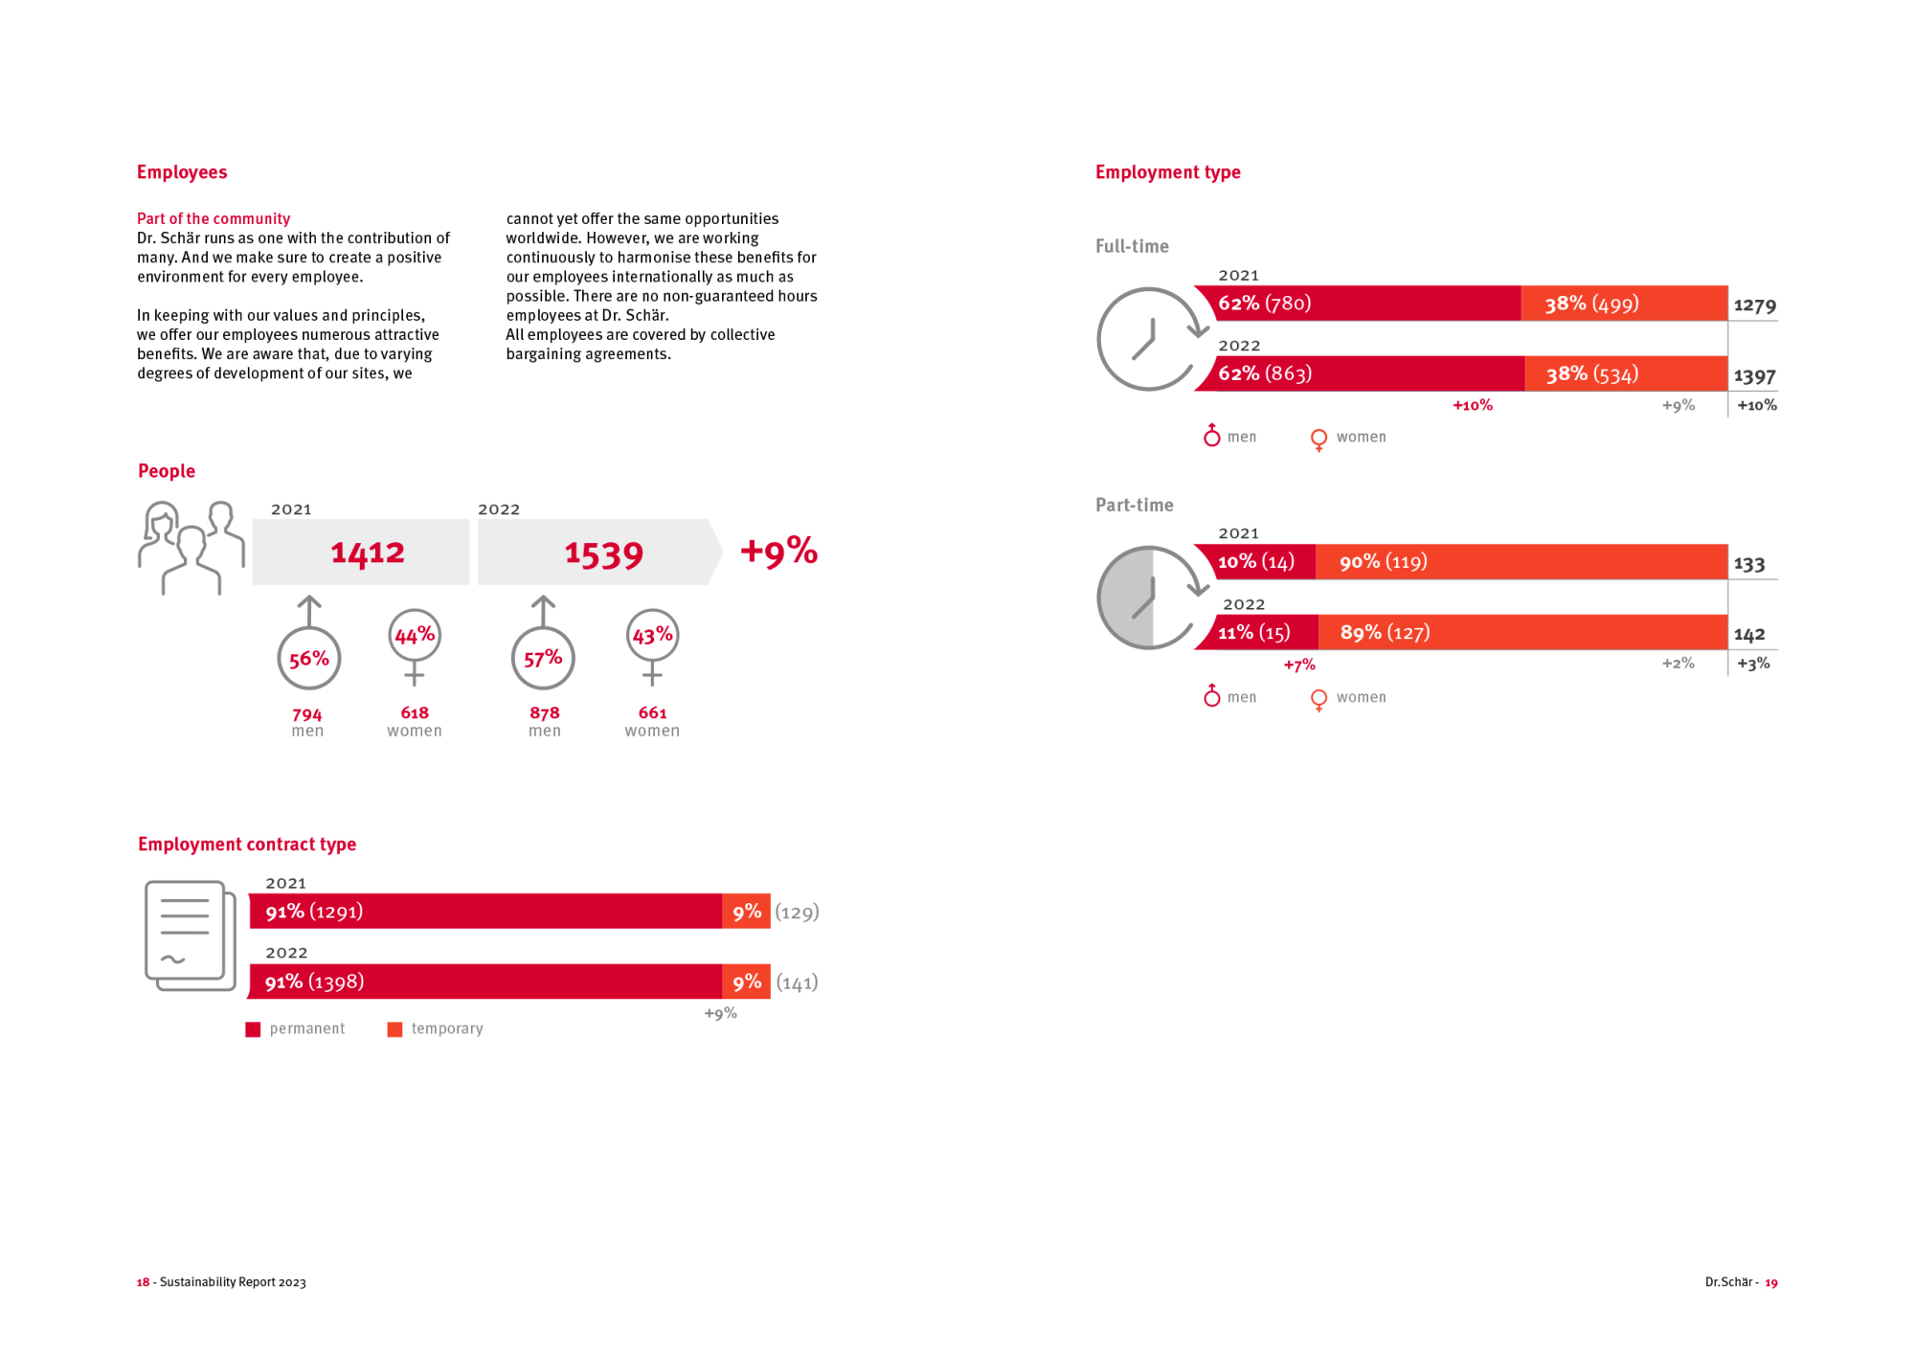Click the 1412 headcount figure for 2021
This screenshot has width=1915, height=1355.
[368, 553]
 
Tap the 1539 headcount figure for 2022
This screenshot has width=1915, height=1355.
[603, 553]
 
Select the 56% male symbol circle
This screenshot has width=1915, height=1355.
[308, 658]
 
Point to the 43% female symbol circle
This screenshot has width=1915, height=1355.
[652, 635]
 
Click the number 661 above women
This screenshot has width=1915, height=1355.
[652, 712]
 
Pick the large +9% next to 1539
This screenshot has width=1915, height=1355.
[778, 551]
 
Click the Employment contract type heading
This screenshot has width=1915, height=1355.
[247, 844]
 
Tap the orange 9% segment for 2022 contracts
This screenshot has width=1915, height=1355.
[747, 982]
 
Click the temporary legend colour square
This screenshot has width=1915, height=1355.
[394, 1029]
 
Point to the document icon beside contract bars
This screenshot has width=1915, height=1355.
[190, 936]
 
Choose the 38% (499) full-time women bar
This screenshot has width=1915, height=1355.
[1624, 304]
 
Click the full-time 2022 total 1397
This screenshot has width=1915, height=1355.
[1754, 376]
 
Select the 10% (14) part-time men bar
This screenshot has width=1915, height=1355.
[1256, 562]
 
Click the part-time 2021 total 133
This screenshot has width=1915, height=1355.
[1749, 564]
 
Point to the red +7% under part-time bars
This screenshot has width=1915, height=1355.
[1299, 665]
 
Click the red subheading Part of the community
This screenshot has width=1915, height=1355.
[214, 218]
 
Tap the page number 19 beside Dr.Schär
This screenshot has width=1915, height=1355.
[1771, 1282]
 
